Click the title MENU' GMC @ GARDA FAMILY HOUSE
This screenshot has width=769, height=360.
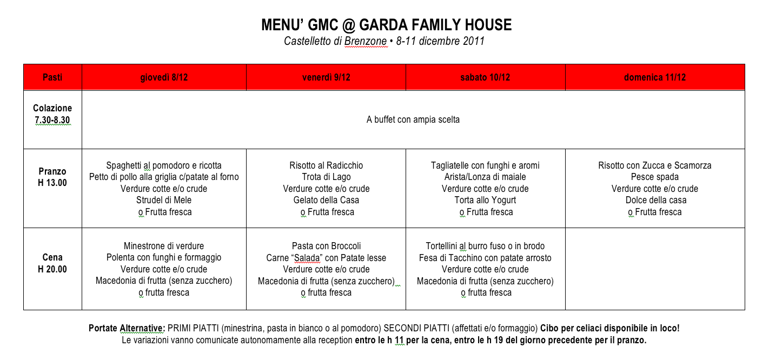point(386,25)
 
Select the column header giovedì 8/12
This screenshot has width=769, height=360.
point(164,77)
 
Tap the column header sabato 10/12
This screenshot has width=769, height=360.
point(485,77)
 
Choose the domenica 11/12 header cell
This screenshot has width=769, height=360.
point(654,77)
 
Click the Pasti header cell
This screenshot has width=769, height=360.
point(52,77)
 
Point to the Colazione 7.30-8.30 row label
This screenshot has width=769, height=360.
point(52,114)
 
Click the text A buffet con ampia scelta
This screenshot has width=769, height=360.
point(413,119)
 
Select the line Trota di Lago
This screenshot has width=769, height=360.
point(326,177)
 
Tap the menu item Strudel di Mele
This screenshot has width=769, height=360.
point(164,200)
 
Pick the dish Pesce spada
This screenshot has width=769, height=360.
point(654,177)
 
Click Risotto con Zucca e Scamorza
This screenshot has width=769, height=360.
point(654,165)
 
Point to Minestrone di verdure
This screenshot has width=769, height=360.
point(164,246)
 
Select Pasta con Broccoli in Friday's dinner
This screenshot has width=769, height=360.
point(326,246)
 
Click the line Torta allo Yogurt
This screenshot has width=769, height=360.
point(485,200)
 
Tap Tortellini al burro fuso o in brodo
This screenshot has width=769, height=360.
point(485,246)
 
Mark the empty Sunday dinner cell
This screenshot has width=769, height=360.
point(654,269)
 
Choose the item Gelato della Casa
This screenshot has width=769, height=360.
point(326,200)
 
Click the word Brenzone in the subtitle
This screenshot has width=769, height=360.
point(366,42)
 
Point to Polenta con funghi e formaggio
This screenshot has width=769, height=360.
point(164,258)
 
